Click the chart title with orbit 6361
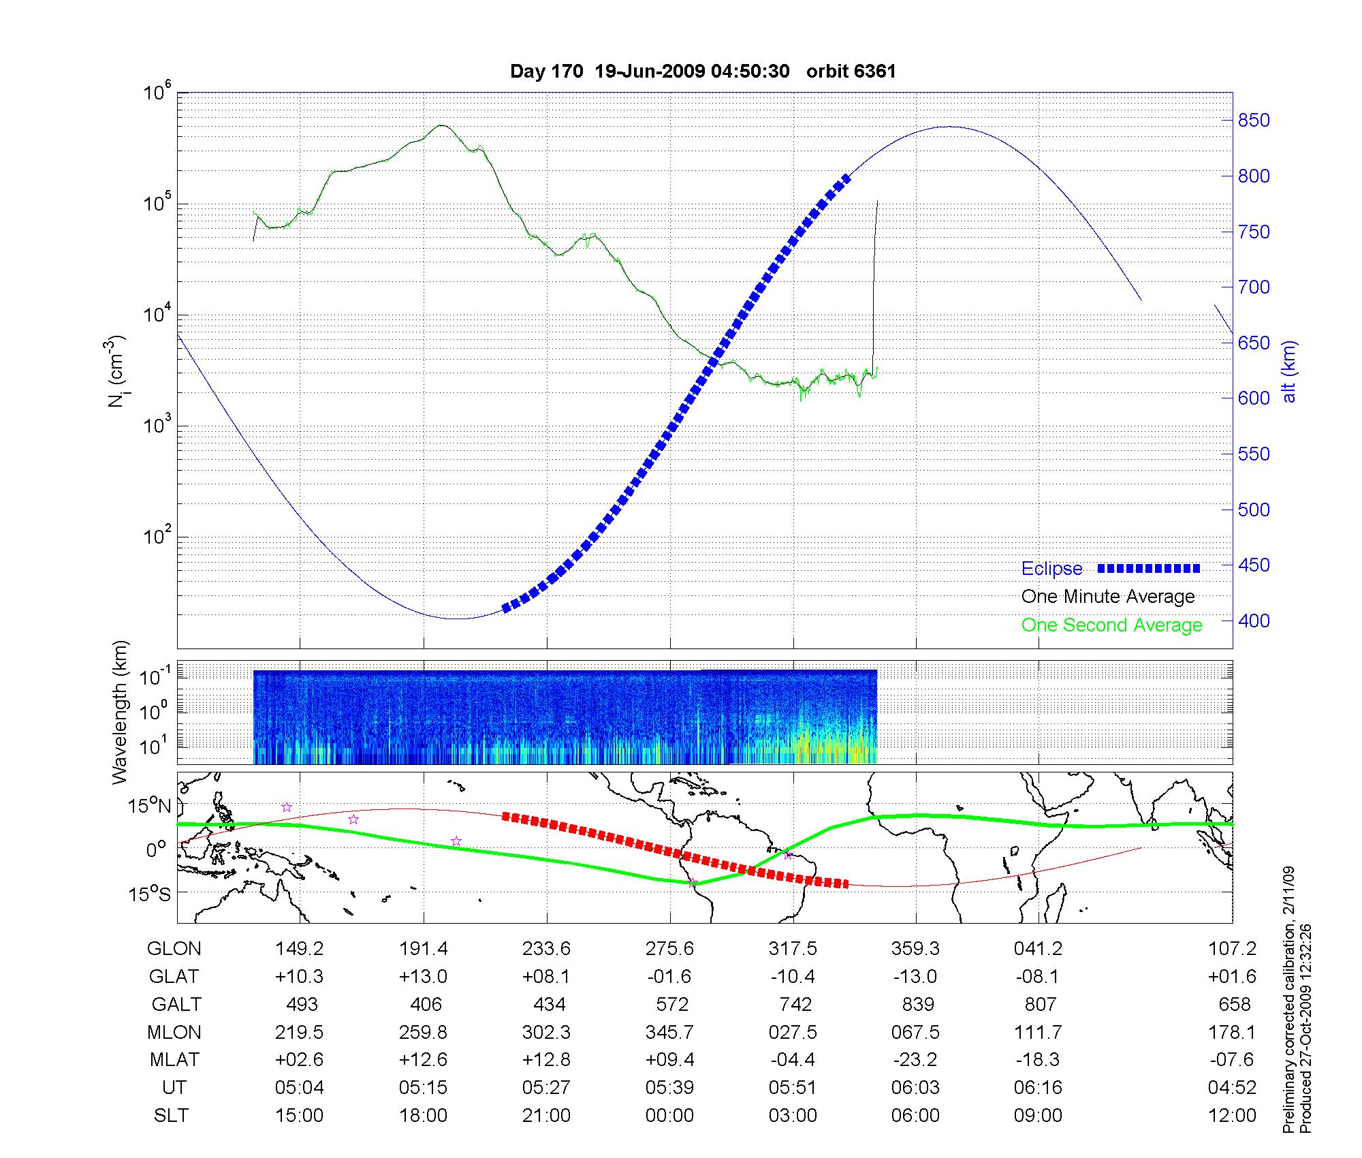click(x=703, y=72)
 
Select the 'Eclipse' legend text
click(x=1051, y=569)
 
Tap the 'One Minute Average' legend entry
click(x=1108, y=597)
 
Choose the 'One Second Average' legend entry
click(x=1111, y=625)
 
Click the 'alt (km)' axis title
click(x=1289, y=371)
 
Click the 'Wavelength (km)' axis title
click(x=120, y=712)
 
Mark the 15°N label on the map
click(x=151, y=807)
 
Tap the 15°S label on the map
click(x=151, y=894)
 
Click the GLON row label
click(x=174, y=948)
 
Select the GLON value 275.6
click(x=670, y=948)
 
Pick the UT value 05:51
click(x=793, y=1088)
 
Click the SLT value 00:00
click(x=670, y=1116)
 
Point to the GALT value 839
click(x=917, y=1004)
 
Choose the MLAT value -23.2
click(x=915, y=1060)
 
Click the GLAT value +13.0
click(x=423, y=976)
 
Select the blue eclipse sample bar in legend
click(x=1148, y=568)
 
